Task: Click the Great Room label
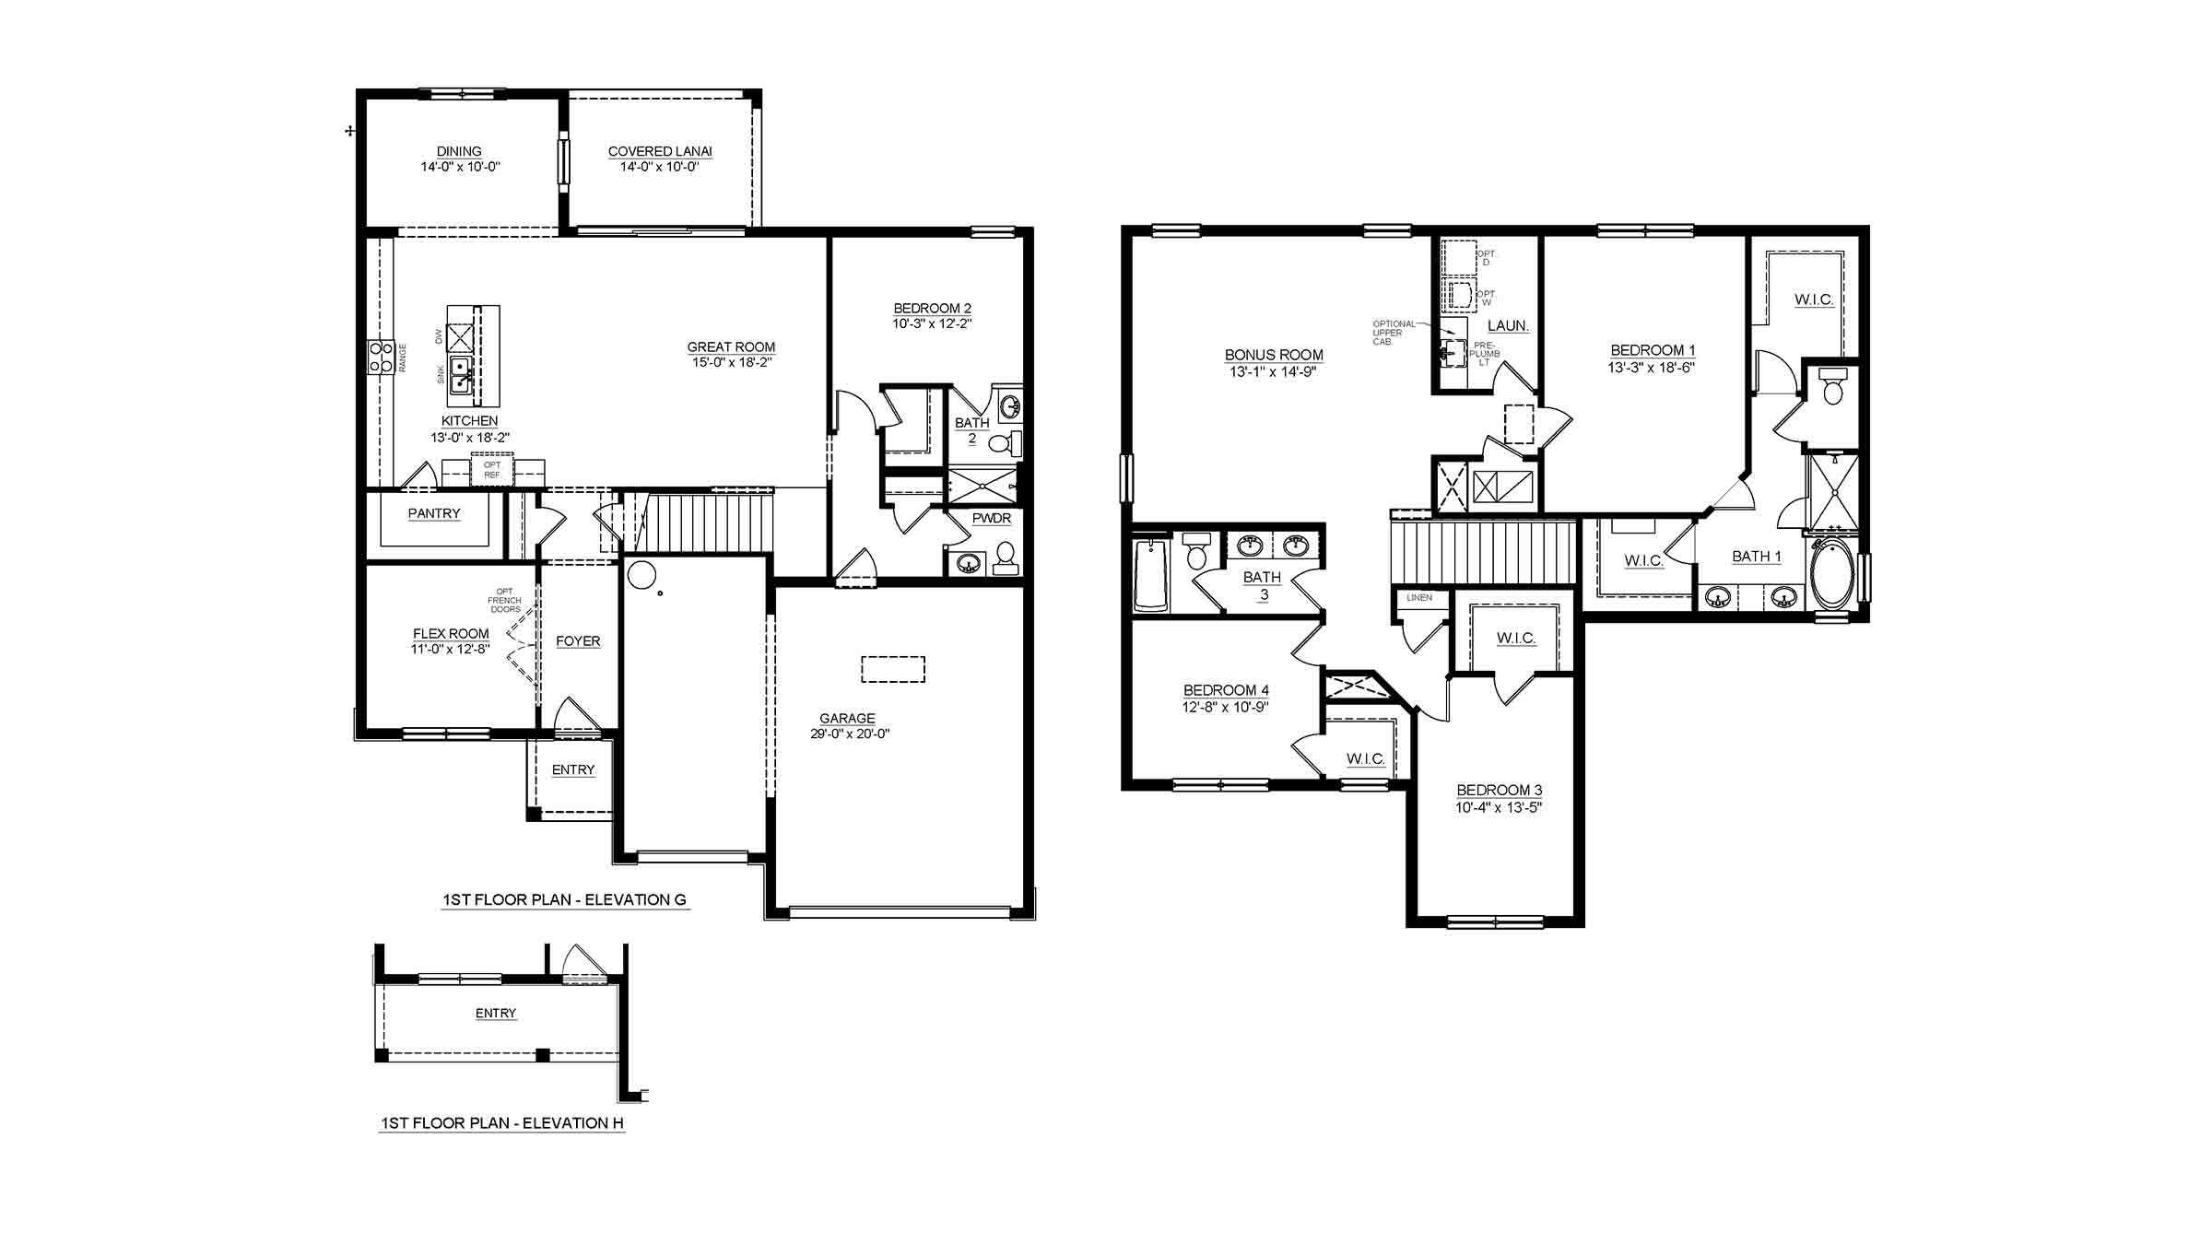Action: click(x=731, y=347)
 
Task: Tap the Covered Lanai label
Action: click(x=660, y=152)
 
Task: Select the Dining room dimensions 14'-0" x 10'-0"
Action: click(x=460, y=168)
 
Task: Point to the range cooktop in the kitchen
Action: click(x=379, y=358)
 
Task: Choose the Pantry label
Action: click(x=434, y=513)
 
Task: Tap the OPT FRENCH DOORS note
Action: click(x=504, y=601)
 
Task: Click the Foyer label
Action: click(x=578, y=641)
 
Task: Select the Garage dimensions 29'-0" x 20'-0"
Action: click(x=847, y=734)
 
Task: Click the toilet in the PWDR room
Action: click(x=1005, y=557)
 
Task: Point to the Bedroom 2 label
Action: click(x=932, y=309)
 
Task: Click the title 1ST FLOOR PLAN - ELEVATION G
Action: click(x=564, y=900)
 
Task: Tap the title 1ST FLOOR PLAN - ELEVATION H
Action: click(x=502, y=1123)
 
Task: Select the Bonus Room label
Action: click(x=1274, y=355)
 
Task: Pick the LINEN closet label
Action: click(x=1419, y=598)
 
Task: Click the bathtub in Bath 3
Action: click(x=1149, y=575)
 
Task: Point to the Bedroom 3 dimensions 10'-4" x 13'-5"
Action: click(x=1499, y=808)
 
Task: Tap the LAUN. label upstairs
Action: click(x=1509, y=326)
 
